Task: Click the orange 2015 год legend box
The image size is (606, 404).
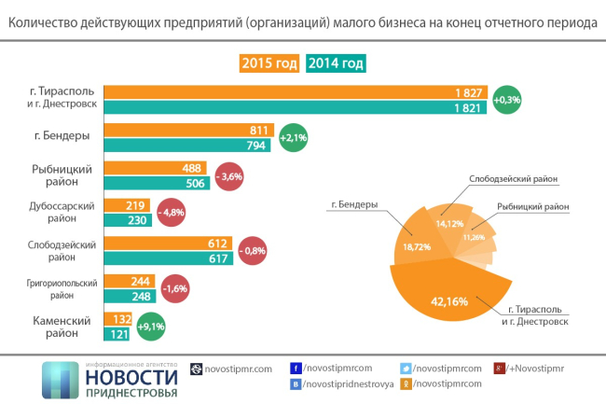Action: [x=270, y=63]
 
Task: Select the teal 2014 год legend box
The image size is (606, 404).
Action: [x=335, y=63]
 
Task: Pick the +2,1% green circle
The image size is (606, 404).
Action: [x=294, y=137]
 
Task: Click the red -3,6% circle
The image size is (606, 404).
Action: [x=229, y=175]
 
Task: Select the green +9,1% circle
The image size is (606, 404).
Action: [x=151, y=327]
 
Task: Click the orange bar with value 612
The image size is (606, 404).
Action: [x=168, y=243]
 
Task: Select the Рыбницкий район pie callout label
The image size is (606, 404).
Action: [x=531, y=205]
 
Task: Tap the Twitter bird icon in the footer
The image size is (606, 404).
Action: [x=405, y=369]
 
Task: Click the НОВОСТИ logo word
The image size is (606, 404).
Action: [x=131, y=377]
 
